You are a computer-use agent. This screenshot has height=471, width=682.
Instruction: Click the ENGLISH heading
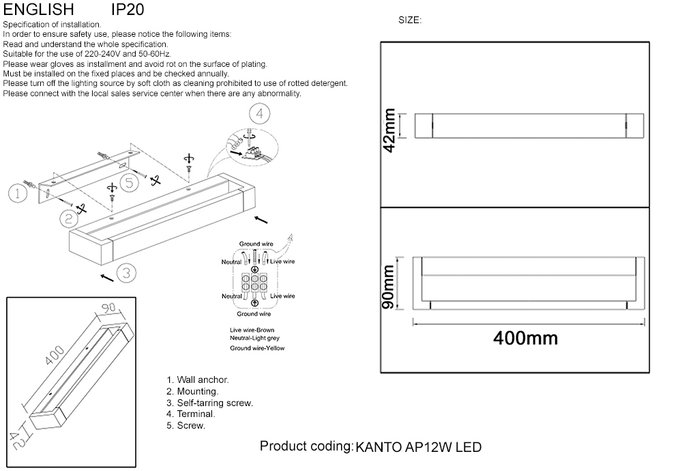pyautogui.click(x=39, y=10)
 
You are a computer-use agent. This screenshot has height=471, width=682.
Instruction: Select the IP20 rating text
pyautogui.click(x=127, y=10)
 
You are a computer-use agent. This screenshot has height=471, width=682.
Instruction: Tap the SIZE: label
pyautogui.click(x=410, y=20)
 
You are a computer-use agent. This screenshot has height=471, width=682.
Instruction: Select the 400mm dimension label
pyautogui.click(x=525, y=338)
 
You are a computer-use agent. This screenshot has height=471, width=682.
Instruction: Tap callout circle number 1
pyautogui.click(x=18, y=194)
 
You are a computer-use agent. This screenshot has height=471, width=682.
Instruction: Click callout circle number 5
pyautogui.click(x=130, y=182)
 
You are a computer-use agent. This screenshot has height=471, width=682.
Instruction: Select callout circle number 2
pyautogui.click(x=68, y=218)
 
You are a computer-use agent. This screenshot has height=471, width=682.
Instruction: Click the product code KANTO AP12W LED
pyautogui.click(x=418, y=448)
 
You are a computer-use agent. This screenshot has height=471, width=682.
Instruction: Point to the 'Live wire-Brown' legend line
pyautogui.click(x=252, y=330)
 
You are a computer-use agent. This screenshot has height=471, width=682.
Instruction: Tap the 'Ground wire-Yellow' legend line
pyautogui.click(x=257, y=348)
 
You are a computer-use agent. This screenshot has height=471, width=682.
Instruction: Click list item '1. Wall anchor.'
pyautogui.click(x=198, y=380)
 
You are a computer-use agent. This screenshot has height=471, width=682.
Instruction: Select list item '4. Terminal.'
pyautogui.click(x=191, y=414)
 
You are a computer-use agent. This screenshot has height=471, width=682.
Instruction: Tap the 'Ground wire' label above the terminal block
pyautogui.click(x=256, y=244)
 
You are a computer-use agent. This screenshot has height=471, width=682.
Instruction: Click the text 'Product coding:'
pyautogui.click(x=306, y=446)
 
